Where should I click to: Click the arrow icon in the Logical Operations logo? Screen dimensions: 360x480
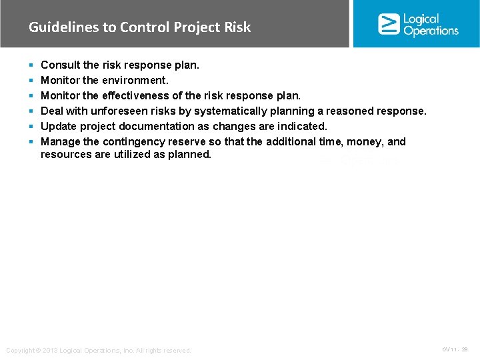[389, 24]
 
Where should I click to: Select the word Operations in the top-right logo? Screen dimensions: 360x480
[431, 31]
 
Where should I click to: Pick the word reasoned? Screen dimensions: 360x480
[347, 111]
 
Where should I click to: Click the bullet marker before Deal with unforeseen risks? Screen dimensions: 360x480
[31, 111]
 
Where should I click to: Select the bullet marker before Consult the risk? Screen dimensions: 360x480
[31, 65]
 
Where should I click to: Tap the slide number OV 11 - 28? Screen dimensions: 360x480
[455, 349]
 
